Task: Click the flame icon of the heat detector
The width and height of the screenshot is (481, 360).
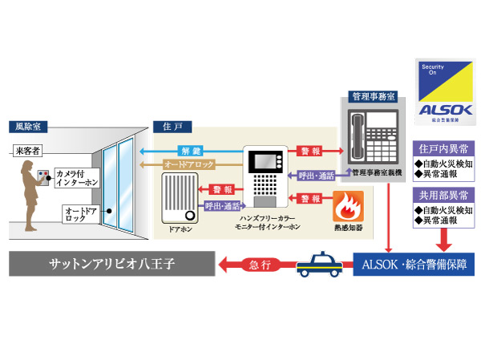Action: (x=346, y=208)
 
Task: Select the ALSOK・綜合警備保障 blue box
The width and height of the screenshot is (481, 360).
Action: (x=413, y=263)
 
